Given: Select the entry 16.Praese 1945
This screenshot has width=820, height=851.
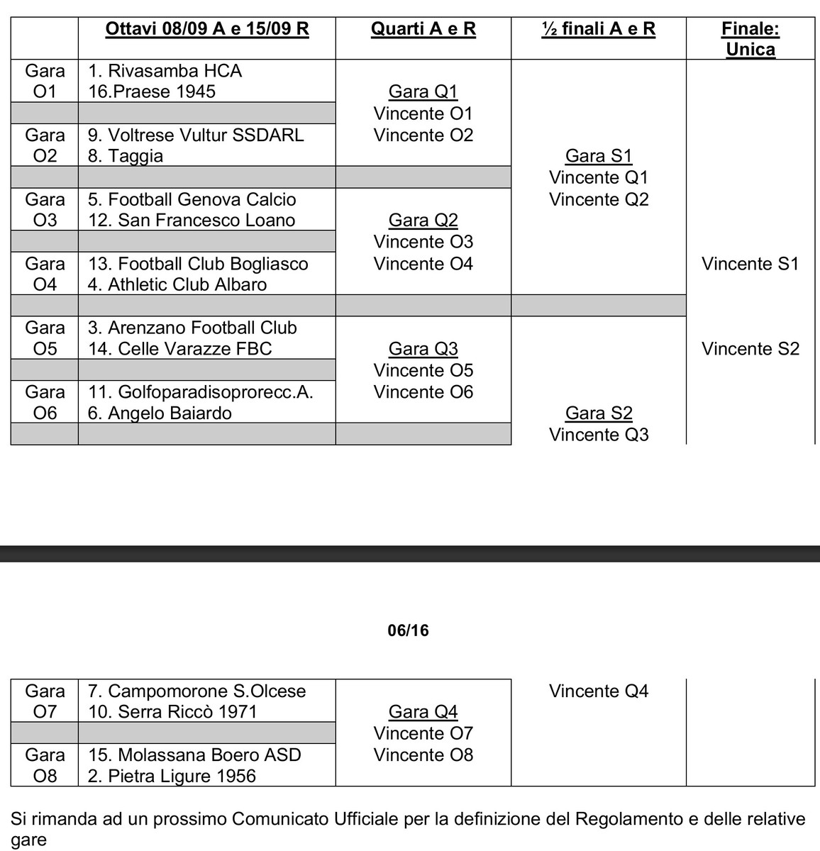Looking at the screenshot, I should (x=152, y=91).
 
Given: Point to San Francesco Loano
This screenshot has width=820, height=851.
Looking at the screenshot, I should (x=206, y=220).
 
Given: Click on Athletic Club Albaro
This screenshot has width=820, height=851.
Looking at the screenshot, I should (x=187, y=284).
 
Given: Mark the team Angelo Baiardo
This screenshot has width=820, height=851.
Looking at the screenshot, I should (x=170, y=413).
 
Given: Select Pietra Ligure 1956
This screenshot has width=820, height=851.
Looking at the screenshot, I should (x=182, y=776).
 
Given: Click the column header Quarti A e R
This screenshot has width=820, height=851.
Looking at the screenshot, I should (x=423, y=29).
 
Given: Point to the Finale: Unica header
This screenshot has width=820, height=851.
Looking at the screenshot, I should (x=750, y=39).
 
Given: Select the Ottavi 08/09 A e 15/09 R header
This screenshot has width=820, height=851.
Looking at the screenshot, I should (x=207, y=29).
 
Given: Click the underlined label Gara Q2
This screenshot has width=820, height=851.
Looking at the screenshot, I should (x=423, y=220).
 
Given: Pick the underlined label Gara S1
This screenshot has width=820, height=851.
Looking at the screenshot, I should (x=599, y=156).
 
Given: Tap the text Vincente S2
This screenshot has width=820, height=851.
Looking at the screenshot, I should (x=750, y=349).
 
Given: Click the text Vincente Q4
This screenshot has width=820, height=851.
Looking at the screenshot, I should (x=599, y=691).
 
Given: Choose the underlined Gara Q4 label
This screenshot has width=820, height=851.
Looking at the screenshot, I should (x=423, y=711).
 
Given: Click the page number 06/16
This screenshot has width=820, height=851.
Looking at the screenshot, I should (x=409, y=630).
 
